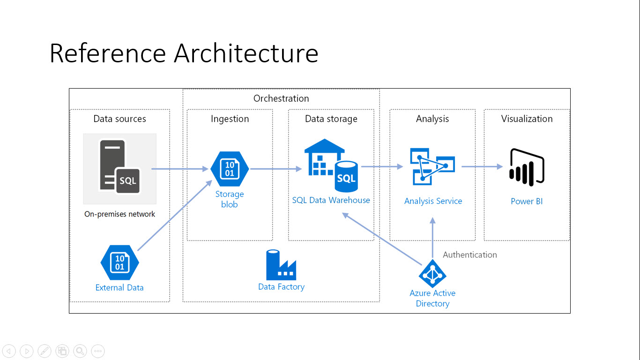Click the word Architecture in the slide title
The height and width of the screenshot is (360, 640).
[x=246, y=53]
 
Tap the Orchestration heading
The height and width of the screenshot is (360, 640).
[x=281, y=98]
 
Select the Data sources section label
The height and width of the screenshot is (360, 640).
[x=119, y=119]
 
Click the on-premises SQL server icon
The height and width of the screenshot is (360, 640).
[x=120, y=167]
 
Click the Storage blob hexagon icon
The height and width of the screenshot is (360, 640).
[x=230, y=169]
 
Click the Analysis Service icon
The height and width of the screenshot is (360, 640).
[x=432, y=166]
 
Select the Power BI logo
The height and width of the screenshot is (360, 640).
[x=527, y=167]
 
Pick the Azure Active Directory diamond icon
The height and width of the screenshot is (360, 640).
[x=432, y=273]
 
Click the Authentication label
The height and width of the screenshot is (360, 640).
[x=469, y=255]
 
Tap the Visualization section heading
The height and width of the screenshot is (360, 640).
[x=527, y=119]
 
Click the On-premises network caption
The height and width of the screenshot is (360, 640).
[x=119, y=214]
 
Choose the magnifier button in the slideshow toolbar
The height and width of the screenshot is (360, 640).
[x=80, y=351]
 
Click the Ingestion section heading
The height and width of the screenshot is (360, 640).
[x=230, y=119]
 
